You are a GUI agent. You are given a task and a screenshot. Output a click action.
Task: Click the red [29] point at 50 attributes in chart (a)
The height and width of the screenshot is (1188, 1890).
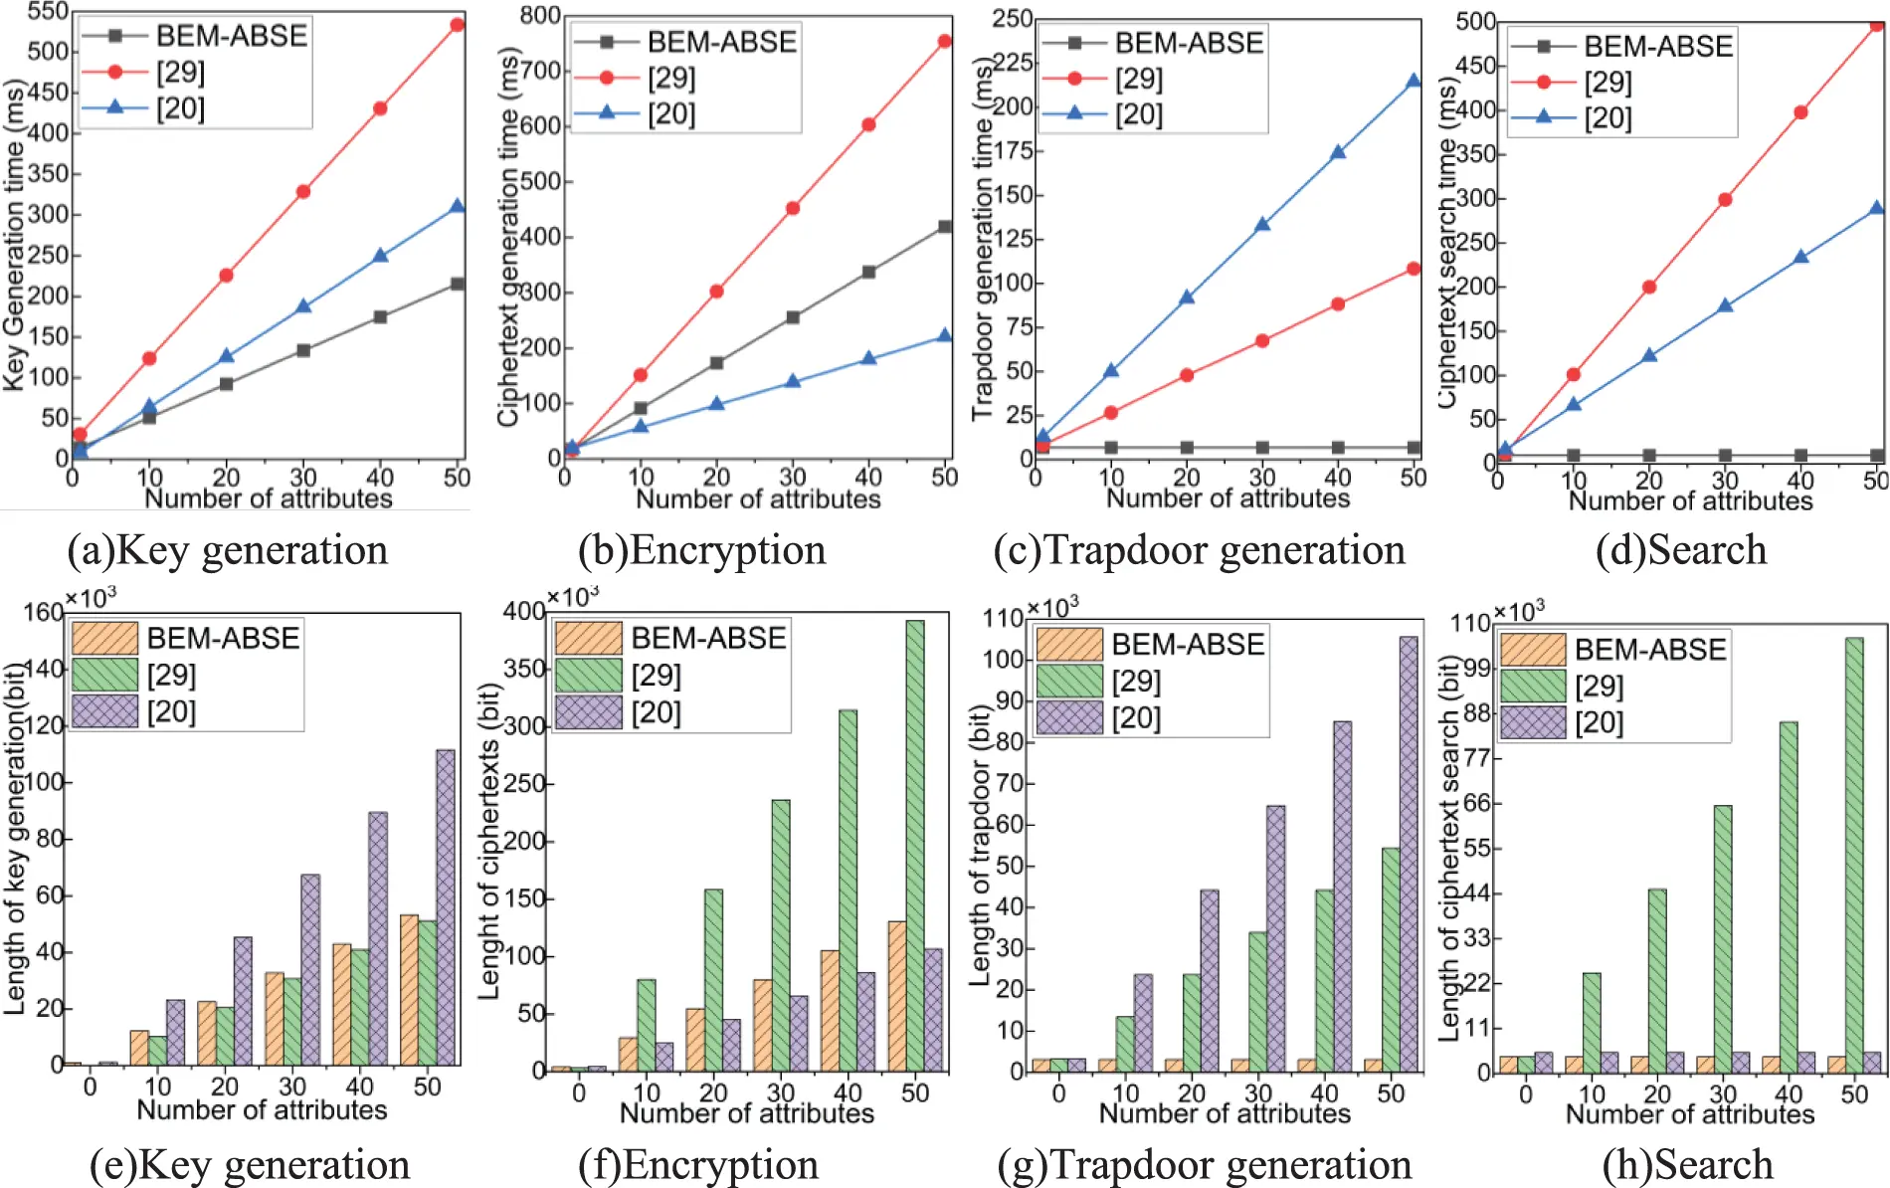coord(457,25)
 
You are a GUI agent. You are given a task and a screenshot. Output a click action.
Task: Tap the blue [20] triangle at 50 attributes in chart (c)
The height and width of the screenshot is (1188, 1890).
coord(1414,81)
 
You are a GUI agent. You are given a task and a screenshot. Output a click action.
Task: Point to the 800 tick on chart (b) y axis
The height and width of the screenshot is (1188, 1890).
coord(540,15)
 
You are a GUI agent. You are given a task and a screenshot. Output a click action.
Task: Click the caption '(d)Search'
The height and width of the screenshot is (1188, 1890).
coord(1681,550)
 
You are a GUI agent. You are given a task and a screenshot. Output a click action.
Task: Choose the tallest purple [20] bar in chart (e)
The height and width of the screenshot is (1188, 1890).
coord(446,905)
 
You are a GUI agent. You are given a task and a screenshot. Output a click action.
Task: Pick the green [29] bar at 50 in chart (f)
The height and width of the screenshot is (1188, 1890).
coord(915,845)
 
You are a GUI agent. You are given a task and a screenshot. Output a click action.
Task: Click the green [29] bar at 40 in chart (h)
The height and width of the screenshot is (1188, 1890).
coord(1789,896)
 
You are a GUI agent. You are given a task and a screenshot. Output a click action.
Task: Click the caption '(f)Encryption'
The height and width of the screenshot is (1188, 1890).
coord(698,1165)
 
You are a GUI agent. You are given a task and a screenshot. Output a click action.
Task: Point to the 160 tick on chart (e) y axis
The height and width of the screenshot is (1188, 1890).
coord(43,612)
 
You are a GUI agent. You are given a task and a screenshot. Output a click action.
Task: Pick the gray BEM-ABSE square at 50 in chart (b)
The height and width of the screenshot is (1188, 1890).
coord(945,227)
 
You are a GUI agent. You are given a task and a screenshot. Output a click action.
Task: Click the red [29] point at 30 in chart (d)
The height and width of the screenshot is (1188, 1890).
coord(1725,200)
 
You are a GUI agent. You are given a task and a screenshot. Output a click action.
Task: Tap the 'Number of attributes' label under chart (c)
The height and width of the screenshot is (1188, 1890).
coord(1228,497)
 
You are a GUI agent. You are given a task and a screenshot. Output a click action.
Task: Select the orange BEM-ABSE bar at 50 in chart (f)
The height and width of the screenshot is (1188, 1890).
coord(897,995)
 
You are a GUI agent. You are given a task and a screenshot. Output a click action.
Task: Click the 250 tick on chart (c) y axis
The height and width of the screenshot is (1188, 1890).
coord(1013,18)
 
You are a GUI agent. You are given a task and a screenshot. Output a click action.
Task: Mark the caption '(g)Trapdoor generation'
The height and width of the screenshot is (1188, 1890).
coord(1204,1165)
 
